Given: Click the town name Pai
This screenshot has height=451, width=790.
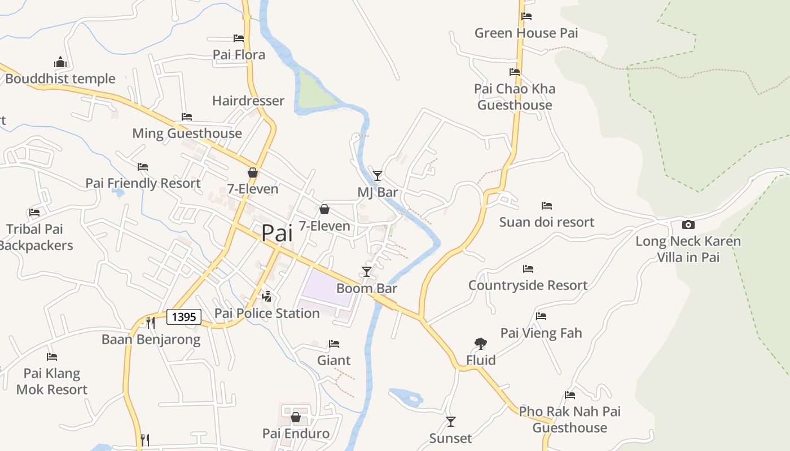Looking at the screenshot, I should (x=277, y=233).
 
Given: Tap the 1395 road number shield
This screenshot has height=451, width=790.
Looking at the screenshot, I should (x=184, y=317).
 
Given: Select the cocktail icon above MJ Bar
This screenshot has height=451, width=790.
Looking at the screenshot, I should (x=378, y=175).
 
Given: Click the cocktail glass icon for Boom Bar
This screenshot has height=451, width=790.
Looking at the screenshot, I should (x=367, y=272).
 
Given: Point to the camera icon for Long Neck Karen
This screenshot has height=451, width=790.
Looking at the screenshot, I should (x=688, y=224).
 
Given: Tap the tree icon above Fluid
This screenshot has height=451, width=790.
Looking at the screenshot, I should (x=481, y=343).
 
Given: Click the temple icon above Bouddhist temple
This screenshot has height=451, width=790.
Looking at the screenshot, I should (x=60, y=62).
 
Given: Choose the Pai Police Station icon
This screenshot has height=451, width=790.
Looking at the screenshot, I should (x=267, y=296).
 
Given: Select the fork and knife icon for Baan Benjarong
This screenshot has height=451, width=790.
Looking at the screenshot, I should (x=150, y=322).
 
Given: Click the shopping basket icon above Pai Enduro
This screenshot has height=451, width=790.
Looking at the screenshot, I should (x=295, y=417).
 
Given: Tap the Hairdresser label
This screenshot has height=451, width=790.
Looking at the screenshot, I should (x=248, y=101).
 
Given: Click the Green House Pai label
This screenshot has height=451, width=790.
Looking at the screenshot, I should (x=526, y=33).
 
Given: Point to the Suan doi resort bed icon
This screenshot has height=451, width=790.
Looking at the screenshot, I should (x=546, y=206).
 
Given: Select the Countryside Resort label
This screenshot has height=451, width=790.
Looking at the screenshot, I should (x=528, y=285).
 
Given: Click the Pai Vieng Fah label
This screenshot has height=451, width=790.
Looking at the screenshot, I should (x=541, y=333).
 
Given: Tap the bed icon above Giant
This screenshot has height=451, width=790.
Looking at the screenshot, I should (x=334, y=344).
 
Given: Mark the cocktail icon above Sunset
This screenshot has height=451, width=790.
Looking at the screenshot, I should (x=450, y=421).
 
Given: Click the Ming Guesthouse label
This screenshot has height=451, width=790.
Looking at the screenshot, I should (x=187, y=134).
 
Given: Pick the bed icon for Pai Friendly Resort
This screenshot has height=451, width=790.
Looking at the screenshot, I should (x=143, y=167).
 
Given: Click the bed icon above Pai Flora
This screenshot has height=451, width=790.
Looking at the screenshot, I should (x=239, y=38).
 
